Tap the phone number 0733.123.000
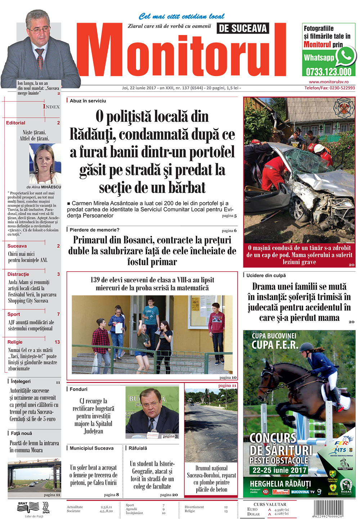328,71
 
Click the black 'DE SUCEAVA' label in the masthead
243,28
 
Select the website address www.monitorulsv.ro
329,82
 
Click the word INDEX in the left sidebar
51,107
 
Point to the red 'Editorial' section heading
16,123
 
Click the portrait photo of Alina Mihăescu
45,164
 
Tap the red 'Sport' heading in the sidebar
14,314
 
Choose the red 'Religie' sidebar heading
15,342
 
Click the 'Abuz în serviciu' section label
88,101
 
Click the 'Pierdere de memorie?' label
94,230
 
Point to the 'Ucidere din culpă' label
266,275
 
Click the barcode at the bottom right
328,508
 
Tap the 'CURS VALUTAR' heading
270,504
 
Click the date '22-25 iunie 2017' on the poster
279,470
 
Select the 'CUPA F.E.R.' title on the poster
275,345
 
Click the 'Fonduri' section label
78,389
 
